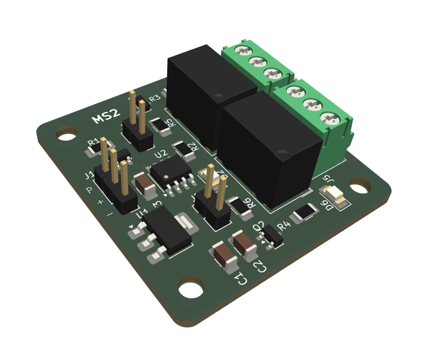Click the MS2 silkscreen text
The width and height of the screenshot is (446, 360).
(106, 116)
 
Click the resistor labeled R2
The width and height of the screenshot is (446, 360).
(181, 148)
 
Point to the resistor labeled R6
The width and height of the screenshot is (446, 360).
(239, 206)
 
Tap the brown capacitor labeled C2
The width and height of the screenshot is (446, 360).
(244, 245)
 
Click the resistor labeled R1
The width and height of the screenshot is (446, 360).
(94, 150)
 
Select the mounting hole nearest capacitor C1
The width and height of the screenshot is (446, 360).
(192, 289)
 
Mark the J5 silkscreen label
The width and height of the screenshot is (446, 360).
(327, 181)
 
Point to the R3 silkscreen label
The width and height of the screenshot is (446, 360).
(154, 99)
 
